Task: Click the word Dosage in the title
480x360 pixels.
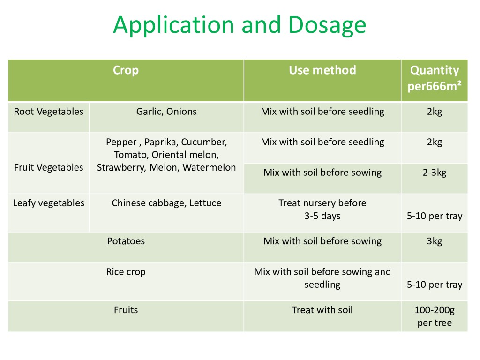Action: coord(327,25)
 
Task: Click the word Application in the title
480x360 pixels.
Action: coord(173,25)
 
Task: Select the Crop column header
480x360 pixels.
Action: coord(126,70)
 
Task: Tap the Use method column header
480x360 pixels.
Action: coord(322,70)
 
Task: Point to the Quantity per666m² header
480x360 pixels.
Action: coord(435,78)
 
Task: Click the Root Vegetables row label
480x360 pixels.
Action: coord(49,112)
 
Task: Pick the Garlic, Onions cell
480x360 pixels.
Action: coord(166,112)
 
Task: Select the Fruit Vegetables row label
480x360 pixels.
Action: coord(49,167)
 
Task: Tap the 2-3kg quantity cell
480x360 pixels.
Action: coord(435,172)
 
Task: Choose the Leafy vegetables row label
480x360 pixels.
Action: coord(49,203)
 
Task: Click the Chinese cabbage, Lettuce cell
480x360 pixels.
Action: coord(166,203)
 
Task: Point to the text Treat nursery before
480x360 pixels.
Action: coord(322,203)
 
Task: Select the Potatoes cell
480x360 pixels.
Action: coord(126,241)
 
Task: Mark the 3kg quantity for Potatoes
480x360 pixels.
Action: coord(435,241)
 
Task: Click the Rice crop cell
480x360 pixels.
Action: coord(126,272)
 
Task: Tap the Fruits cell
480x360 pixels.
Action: coord(126,310)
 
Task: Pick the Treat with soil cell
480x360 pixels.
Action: coord(322,310)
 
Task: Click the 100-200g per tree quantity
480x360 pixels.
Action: coord(435,316)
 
